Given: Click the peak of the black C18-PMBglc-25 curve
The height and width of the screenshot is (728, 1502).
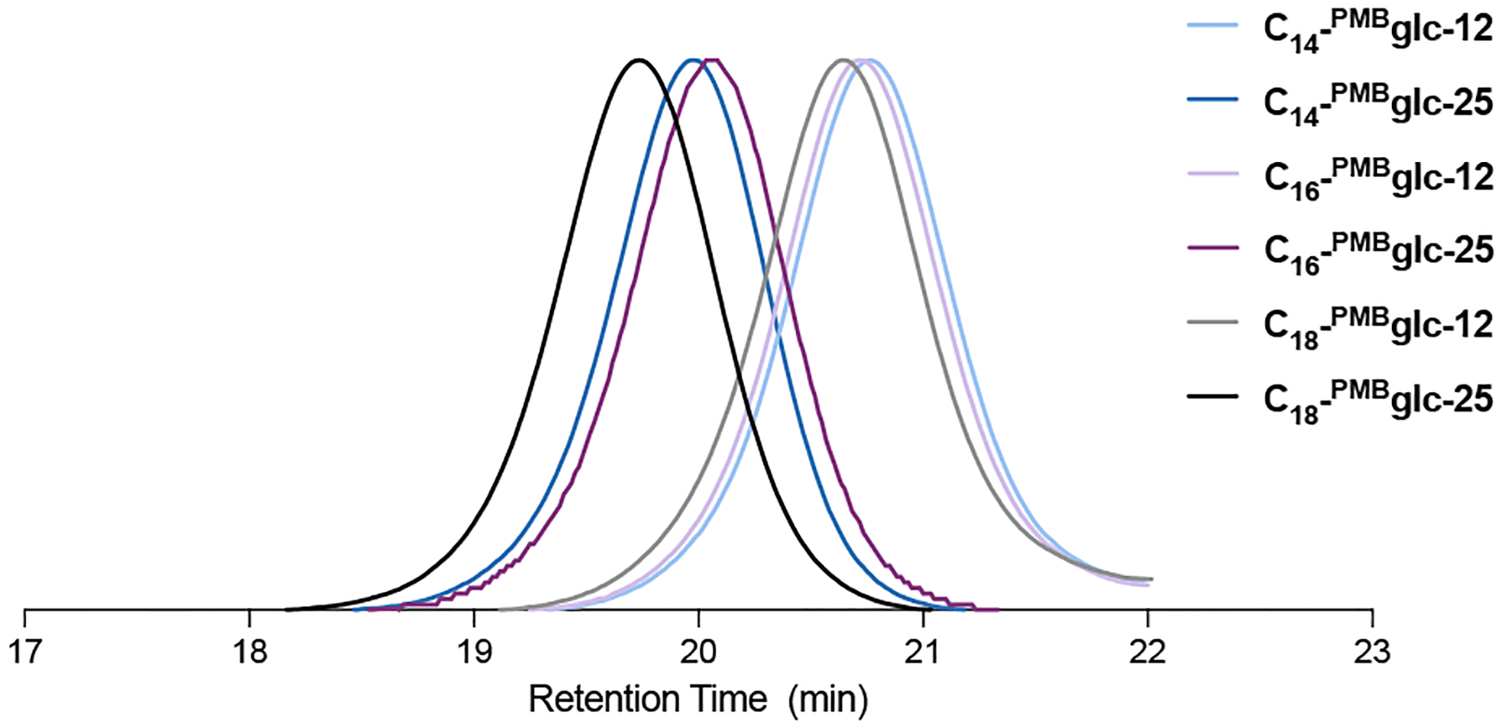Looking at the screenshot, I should pos(638,60).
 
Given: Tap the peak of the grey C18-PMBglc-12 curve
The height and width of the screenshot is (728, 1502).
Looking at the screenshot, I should pos(842,60).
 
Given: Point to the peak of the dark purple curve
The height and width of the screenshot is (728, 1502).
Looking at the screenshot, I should pos(712,60).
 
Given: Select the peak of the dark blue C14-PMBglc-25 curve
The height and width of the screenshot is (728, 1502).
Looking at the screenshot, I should pos(692,60).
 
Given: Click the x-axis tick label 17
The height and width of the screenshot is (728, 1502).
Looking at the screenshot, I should pos(25,651).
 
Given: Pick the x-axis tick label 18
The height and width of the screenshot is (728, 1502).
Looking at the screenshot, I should pos(249,651).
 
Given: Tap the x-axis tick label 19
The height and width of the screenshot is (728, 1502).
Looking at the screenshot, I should pos(474,651).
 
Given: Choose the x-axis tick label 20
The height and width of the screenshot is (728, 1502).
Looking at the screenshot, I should pos(698,651).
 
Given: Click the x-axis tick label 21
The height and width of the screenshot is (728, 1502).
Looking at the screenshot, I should pos(923,651).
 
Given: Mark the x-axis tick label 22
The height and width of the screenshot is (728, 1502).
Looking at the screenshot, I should pos(1147,651).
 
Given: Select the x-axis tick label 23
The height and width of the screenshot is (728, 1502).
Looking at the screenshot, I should pos(1372,651).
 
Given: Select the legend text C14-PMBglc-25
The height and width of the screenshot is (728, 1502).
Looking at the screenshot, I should pos(1377,104).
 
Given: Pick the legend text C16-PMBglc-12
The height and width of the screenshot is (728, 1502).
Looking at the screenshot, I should pos(1377,178).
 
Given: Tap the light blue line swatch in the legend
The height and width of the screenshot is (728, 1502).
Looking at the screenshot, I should pos(1212,26).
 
